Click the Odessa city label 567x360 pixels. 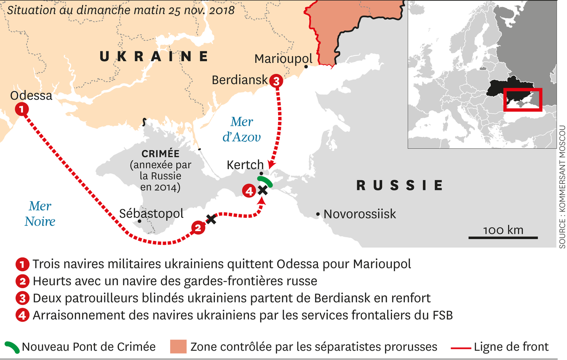[x=31, y=96]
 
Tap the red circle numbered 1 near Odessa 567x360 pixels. [x=21, y=108]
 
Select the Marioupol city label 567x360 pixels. [x=283, y=59]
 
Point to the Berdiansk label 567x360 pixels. [x=240, y=80]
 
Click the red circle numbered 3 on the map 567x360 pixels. [x=275, y=81]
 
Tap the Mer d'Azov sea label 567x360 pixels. [x=241, y=129]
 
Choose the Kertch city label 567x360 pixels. [x=245, y=165]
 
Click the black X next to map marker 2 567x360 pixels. [x=211, y=219]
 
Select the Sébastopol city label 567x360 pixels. [x=151, y=213]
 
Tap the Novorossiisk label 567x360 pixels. [x=359, y=214]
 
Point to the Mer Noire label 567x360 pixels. [x=40, y=213]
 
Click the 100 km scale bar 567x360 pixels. [x=503, y=237]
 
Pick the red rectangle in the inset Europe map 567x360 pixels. [x=523, y=100]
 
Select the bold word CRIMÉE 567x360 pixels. [x=160, y=154]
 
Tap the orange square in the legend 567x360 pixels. [x=178, y=347]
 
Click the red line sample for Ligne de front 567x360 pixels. [x=460, y=347]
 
